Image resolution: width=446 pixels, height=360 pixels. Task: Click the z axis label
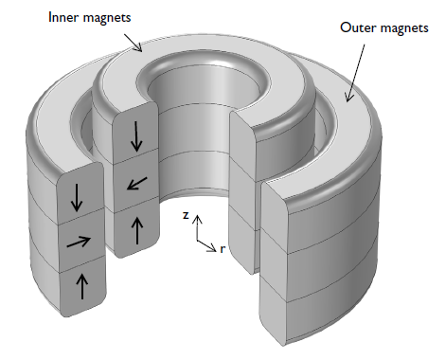coord(187,216)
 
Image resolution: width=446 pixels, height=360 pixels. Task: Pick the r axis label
coord(223,249)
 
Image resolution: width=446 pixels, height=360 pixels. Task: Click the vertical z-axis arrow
coord(197,227)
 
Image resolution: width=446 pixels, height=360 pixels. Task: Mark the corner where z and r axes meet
coord(197,240)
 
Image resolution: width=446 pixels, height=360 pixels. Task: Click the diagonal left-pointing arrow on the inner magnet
coord(137,182)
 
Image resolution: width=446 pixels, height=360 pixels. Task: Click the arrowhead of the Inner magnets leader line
coord(140,49)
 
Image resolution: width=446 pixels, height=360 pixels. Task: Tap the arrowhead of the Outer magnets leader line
coord(348,98)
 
